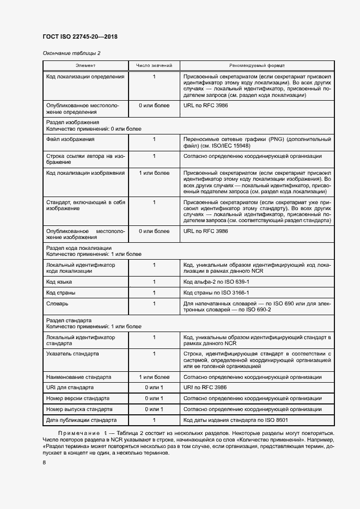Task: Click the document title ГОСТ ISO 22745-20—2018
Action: coord(80,37)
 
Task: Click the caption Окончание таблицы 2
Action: coord(71,53)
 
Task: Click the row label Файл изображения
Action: coord(70,139)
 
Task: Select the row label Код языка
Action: coord(59,282)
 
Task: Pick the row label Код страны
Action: coord(61,292)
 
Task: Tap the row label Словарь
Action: coord(58,303)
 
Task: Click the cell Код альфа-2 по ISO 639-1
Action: coord(217,282)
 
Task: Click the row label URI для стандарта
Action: coord(70,388)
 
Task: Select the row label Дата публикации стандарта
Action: coord(82,420)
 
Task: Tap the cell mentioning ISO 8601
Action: coord(236,420)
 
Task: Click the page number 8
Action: coord(44,463)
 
